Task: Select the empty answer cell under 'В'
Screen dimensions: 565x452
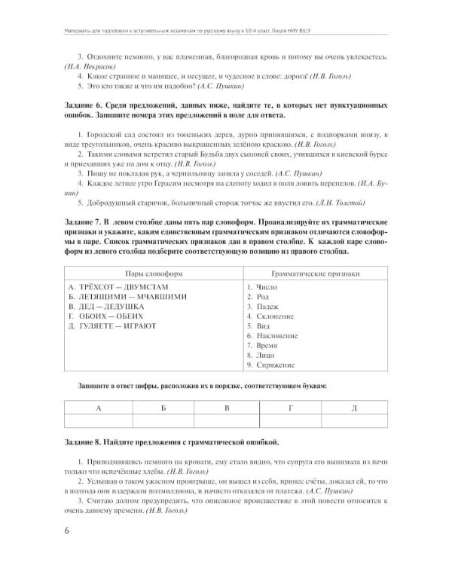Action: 227,420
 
